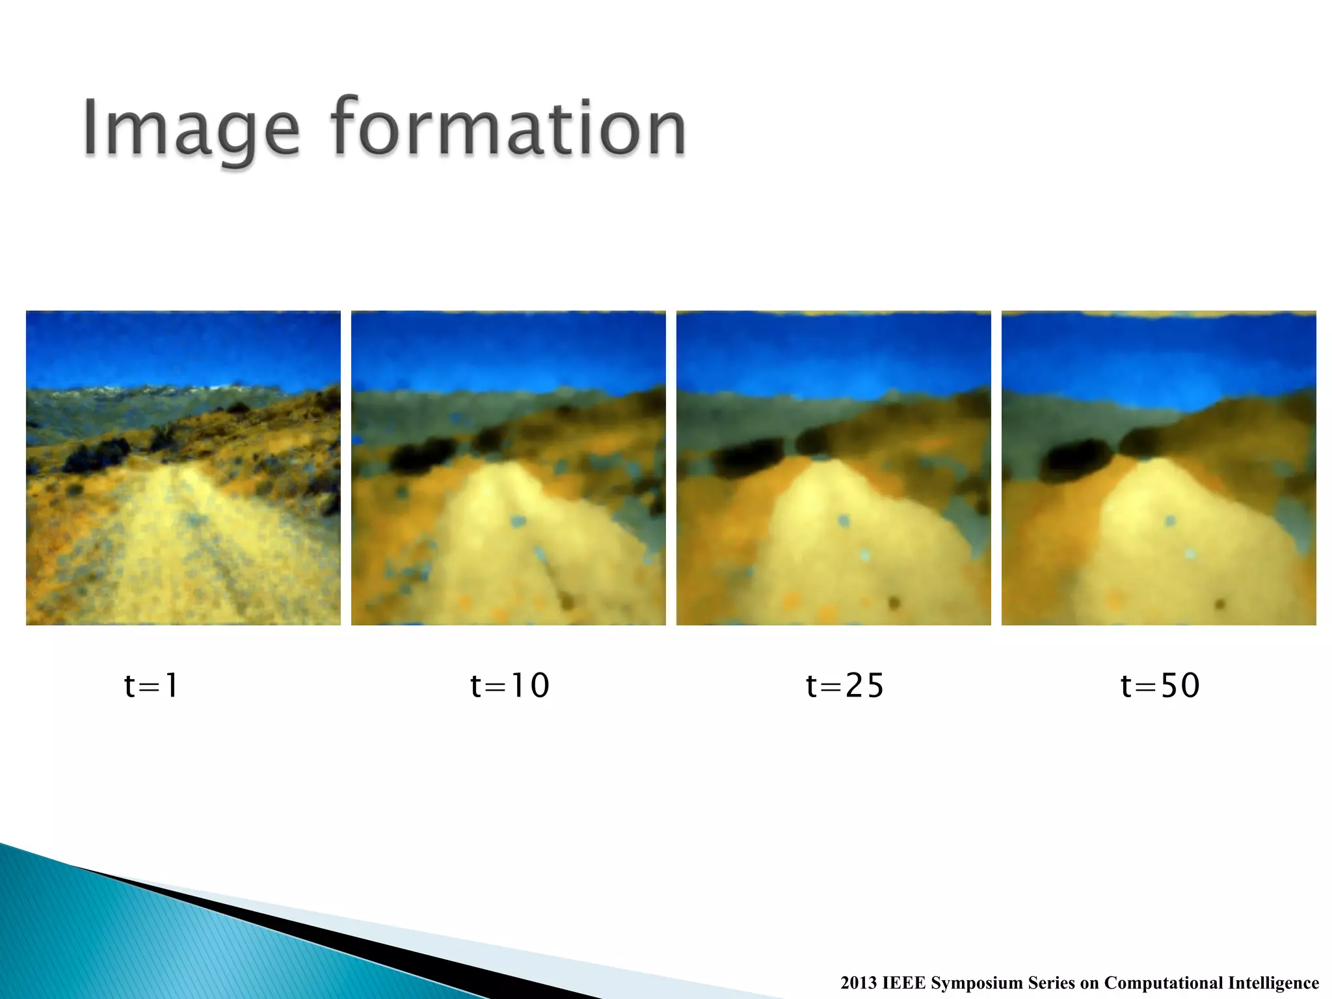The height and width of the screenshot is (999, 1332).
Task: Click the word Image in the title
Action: click(190, 128)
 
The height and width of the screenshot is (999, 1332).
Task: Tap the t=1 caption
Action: click(151, 686)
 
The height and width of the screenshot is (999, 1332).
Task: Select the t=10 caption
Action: click(510, 686)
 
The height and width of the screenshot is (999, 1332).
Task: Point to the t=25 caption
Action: click(845, 686)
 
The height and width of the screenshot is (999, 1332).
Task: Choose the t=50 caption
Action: click(1160, 686)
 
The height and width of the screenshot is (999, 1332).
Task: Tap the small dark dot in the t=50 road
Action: click(1219, 604)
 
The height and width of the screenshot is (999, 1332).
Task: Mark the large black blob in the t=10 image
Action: click(423, 454)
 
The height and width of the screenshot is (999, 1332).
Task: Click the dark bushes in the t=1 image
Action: click(98, 455)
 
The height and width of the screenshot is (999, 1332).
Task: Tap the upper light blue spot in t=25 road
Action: click(844, 520)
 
